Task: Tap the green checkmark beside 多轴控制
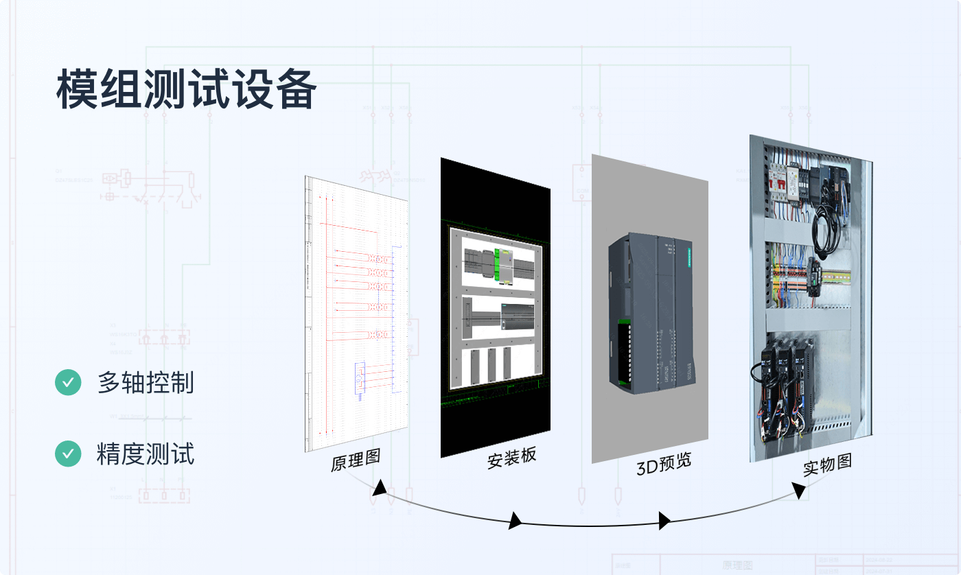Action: click(68, 382)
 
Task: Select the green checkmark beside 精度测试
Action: click(68, 454)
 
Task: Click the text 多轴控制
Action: click(146, 383)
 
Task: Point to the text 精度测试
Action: click(146, 454)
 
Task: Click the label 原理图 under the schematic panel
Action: click(356, 460)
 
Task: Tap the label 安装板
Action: click(511, 458)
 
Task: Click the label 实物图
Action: click(827, 465)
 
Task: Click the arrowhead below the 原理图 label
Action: click(378, 489)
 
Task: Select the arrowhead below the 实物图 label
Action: click(798, 490)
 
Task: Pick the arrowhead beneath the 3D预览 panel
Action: click(664, 521)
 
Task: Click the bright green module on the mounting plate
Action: click(498, 263)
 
